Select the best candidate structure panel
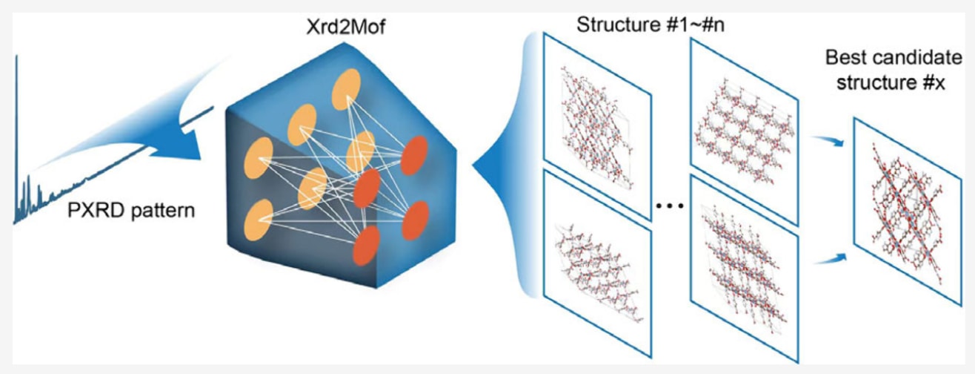(x=901, y=209)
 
